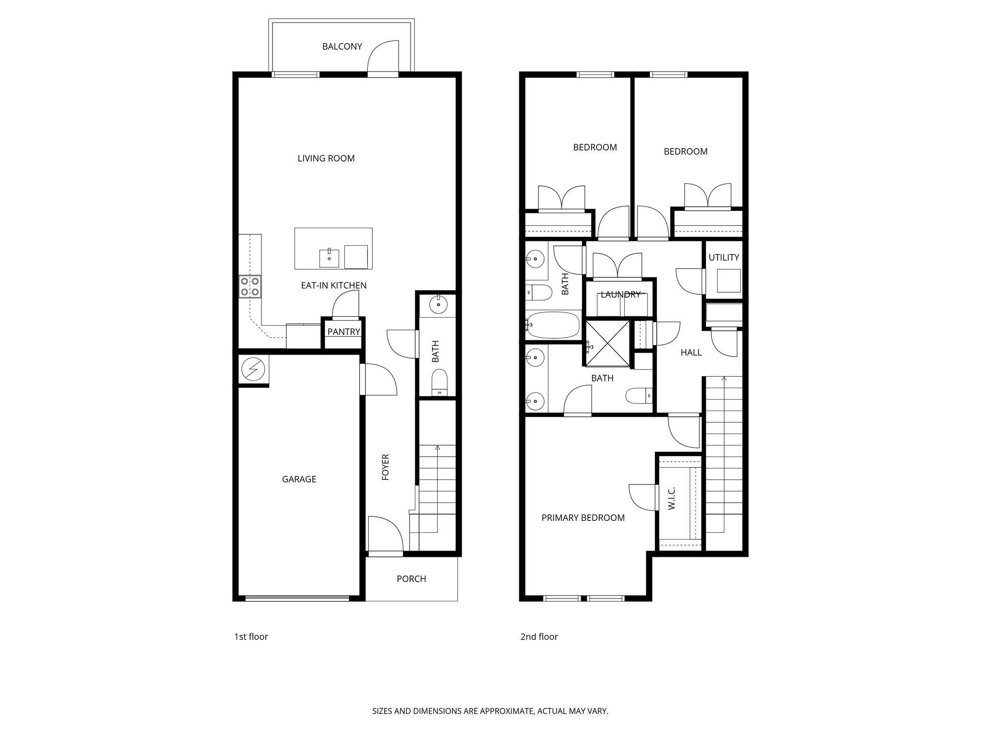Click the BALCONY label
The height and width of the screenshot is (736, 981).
pos(342,46)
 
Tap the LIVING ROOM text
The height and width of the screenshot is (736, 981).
pos(326,158)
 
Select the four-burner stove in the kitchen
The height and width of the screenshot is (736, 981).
pos(250,286)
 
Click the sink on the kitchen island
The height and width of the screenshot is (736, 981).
pos(330,258)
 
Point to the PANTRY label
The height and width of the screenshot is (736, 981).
pos(343,332)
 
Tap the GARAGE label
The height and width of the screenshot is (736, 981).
pos(299,479)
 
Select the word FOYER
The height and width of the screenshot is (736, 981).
pos(385,467)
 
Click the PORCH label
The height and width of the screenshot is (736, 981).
pos(411,579)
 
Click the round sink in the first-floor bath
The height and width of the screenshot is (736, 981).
pos(437,304)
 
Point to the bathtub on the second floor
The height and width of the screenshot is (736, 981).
pos(553,325)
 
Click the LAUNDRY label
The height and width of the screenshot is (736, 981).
pos(620,295)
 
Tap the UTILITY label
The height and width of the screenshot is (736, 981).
pos(724,257)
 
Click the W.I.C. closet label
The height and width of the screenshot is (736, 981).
pos(671,498)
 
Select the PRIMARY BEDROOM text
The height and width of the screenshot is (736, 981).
pos(583,517)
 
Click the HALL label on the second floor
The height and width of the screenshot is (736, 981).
pos(691,353)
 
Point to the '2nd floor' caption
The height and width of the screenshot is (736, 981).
pos(539,637)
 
